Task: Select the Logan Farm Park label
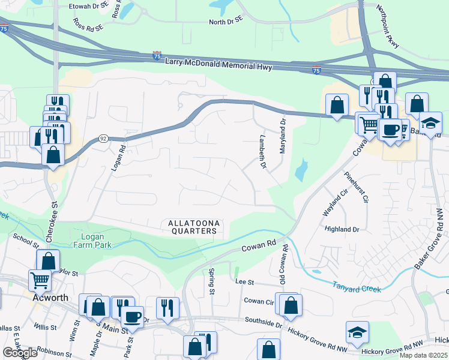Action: coord(92,240)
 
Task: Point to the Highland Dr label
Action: coord(341,229)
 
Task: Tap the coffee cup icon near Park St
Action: coord(132,317)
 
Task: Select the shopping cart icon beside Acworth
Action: coord(40,280)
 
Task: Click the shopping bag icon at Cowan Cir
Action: coord(291,305)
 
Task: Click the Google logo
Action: coord(20,353)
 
